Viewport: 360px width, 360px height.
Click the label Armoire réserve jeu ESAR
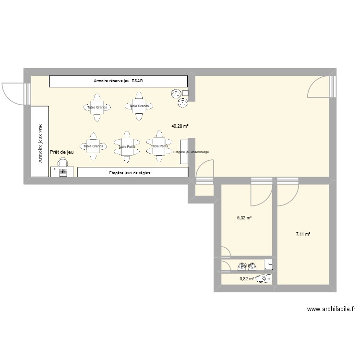[x=118, y=82]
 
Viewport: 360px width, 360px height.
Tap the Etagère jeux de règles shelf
[x=132, y=172]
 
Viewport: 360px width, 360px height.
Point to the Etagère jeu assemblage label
[x=191, y=152]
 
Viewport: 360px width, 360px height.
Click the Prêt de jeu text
[x=62, y=152]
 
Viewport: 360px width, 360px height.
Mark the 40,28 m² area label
[x=180, y=126]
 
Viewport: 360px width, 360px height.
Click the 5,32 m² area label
[x=244, y=217]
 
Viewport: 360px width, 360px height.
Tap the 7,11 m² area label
[x=302, y=234]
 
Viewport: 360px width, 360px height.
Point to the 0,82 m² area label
[x=247, y=278]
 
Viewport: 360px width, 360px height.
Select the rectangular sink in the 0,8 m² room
[x=268, y=264]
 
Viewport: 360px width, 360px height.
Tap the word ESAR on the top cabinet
[x=137, y=82]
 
